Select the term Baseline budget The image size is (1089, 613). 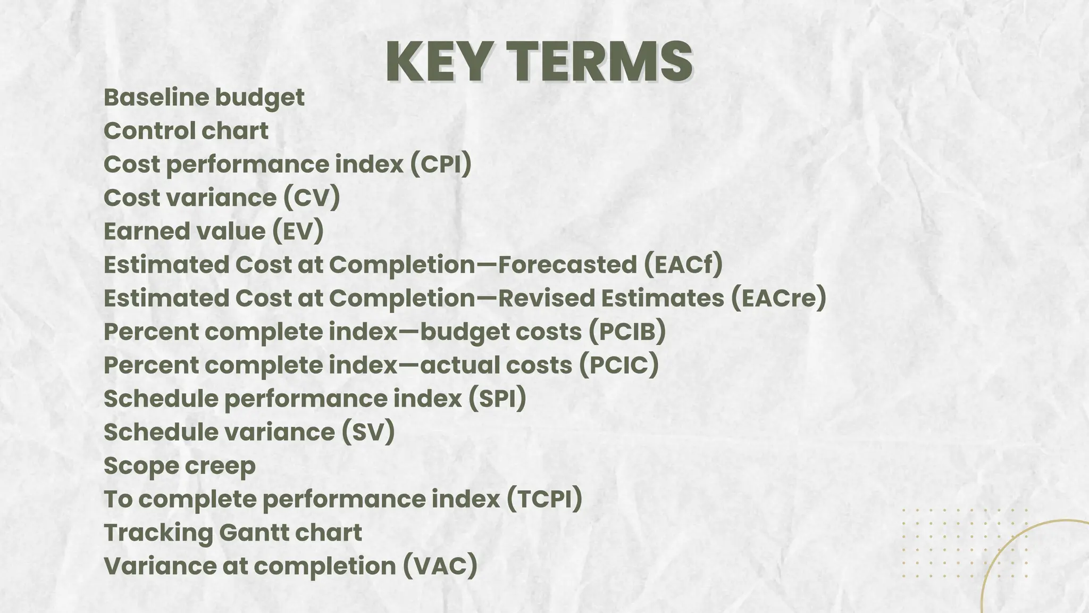[x=204, y=97]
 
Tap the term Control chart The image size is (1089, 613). [x=186, y=131]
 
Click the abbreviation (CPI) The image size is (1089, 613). [x=441, y=164]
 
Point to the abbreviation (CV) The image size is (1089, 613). [x=311, y=198]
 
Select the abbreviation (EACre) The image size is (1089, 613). [x=778, y=299]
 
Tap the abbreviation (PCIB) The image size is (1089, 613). [x=627, y=332]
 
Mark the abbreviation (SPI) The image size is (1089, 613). [x=497, y=399]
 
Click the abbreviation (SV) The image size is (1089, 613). [x=368, y=432]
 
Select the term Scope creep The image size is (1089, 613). [x=180, y=466]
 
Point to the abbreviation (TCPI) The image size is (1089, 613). [x=544, y=499]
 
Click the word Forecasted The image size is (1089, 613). [x=567, y=265]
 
